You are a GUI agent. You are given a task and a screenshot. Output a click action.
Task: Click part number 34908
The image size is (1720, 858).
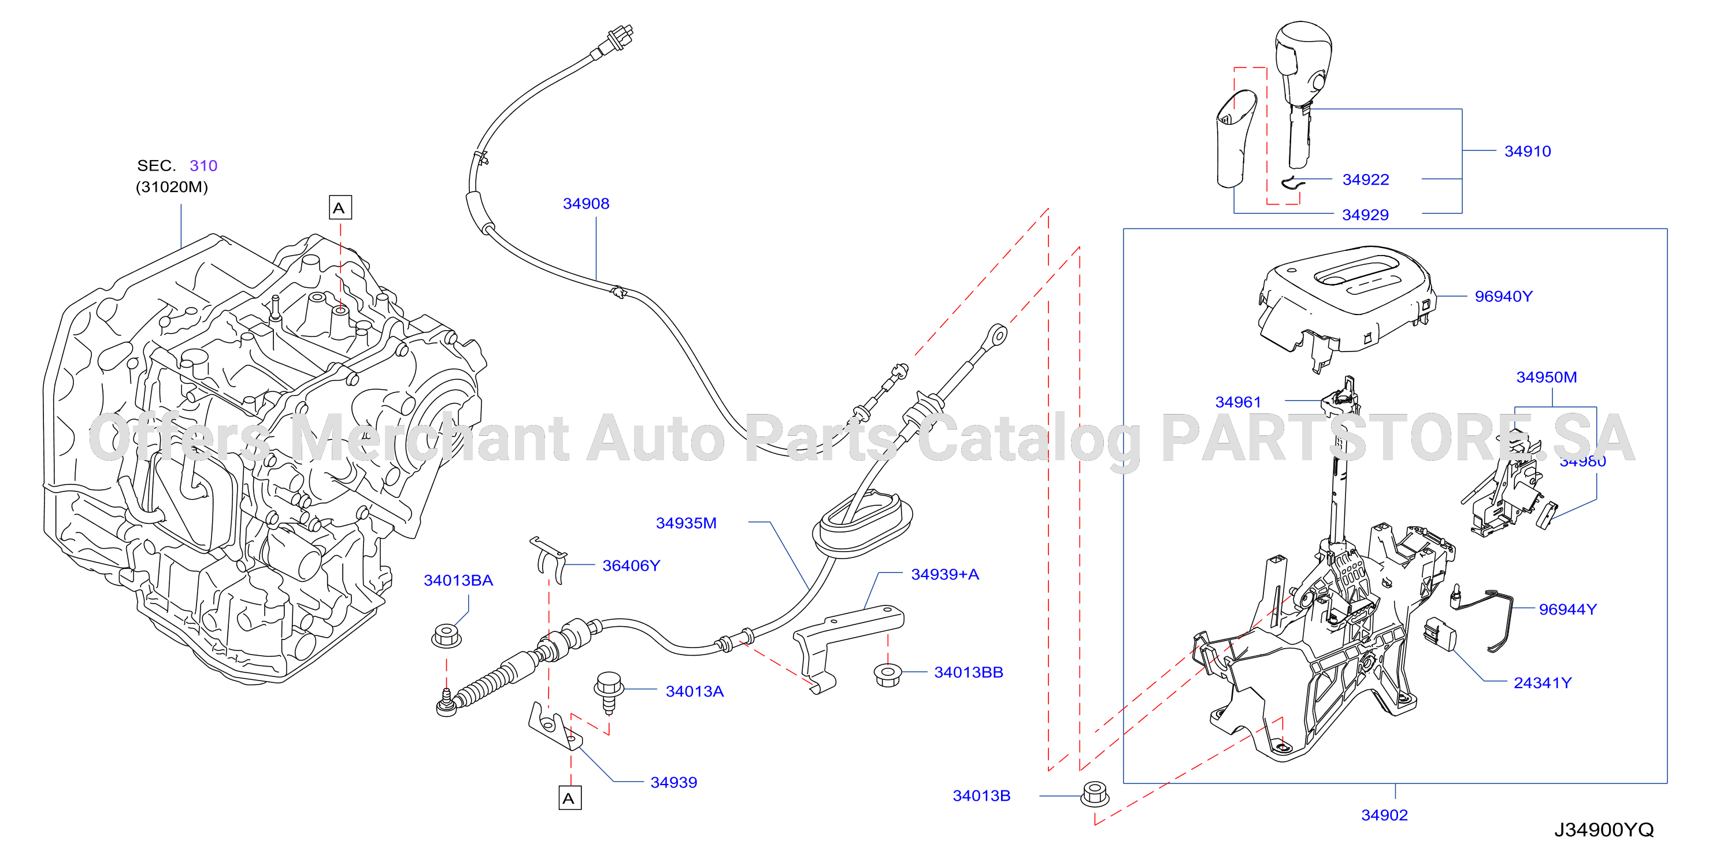tap(585, 204)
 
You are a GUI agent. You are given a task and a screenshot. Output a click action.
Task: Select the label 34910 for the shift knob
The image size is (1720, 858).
tap(1527, 151)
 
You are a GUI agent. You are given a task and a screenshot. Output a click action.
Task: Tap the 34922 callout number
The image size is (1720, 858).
tap(1366, 180)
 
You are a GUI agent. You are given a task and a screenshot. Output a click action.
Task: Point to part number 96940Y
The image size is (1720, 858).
tap(1503, 297)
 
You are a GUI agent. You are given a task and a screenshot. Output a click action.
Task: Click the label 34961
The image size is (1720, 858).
tap(1238, 402)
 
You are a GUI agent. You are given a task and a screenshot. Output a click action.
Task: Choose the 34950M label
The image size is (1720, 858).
tap(1547, 377)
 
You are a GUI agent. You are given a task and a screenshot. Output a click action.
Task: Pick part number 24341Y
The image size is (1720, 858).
tap(1543, 682)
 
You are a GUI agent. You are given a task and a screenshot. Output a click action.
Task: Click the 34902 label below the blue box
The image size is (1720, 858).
tap(1384, 815)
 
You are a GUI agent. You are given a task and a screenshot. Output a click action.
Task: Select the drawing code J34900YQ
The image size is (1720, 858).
tap(1604, 829)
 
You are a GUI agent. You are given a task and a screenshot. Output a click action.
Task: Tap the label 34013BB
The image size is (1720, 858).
tap(968, 672)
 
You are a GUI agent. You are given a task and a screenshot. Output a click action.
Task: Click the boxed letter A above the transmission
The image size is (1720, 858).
tap(340, 208)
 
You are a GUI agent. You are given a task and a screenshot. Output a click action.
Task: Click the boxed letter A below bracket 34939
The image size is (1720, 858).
tap(569, 798)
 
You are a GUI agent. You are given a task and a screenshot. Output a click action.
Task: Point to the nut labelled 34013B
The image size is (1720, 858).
tap(1095, 794)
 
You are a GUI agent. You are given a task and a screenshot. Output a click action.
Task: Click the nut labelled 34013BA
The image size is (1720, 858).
tap(446, 635)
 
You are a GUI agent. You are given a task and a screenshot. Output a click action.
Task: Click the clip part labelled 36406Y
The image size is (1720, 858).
tap(550, 560)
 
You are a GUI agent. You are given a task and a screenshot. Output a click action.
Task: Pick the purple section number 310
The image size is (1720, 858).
tap(203, 165)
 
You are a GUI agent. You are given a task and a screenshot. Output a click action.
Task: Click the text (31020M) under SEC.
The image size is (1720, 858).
tap(172, 187)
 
